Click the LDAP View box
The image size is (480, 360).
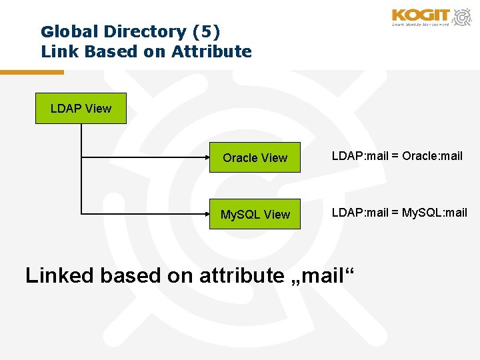(x=81, y=108)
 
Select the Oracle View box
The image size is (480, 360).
(x=255, y=157)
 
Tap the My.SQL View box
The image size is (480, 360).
(x=255, y=214)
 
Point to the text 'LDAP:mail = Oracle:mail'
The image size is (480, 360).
(x=397, y=156)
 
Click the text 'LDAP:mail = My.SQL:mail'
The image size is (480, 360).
(x=399, y=213)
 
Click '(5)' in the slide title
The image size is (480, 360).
(x=206, y=31)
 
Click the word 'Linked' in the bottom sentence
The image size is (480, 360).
(x=59, y=275)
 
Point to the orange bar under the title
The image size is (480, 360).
(x=31, y=72)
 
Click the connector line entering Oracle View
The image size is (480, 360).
(x=147, y=157)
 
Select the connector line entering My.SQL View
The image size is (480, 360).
(x=147, y=214)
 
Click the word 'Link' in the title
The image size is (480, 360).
(x=57, y=51)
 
